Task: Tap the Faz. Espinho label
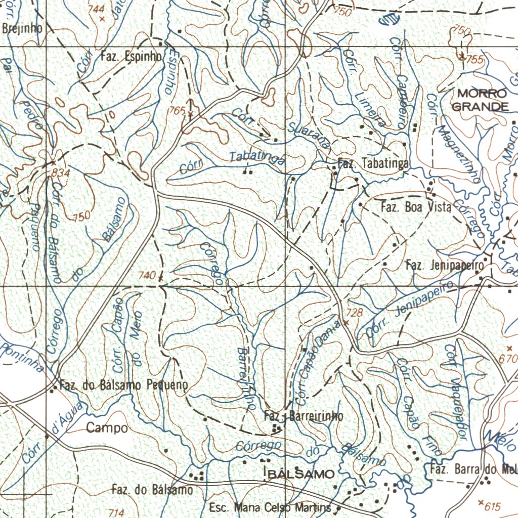[x=131, y=56]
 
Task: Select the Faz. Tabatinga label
[x=373, y=163]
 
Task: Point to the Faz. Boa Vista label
[x=415, y=207]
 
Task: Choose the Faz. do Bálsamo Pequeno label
[x=123, y=385]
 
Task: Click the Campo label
[x=107, y=428]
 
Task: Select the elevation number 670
[x=510, y=359]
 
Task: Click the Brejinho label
[x=22, y=28]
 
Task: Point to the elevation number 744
[x=96, y=9]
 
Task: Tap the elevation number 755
[x=475, y=60]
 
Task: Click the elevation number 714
[x=116, y=513]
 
